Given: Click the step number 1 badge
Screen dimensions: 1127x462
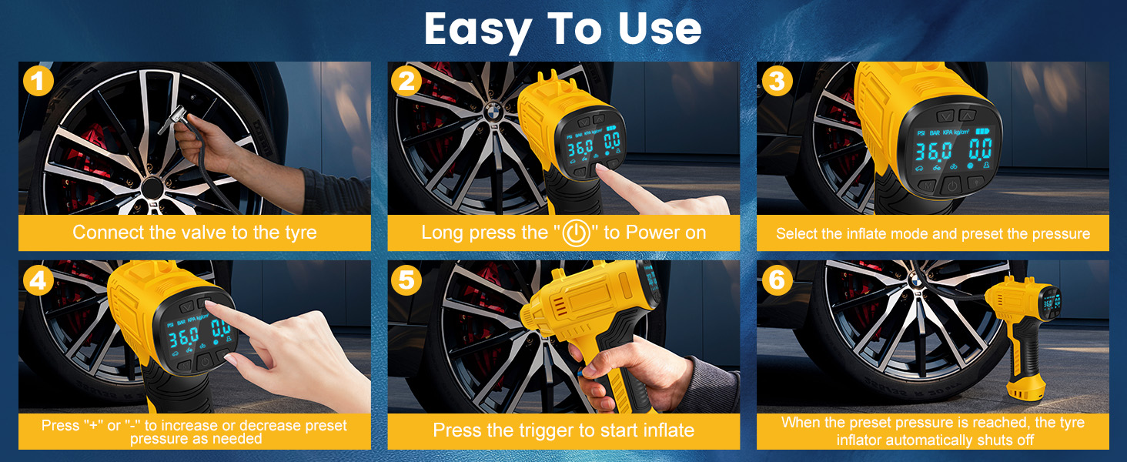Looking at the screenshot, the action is click(x=38, y=81).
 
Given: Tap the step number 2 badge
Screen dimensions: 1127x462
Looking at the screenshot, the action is click(x=406, y=81).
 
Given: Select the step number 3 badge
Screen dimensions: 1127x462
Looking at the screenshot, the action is click(x=777, y=81).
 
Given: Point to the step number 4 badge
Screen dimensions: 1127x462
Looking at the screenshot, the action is click(x=38, y=280).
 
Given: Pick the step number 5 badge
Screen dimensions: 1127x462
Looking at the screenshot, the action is click(x=406, y=280).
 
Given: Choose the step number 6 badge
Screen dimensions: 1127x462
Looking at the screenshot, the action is click(x=777, y=280).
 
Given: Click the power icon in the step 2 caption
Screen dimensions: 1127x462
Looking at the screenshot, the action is click(x=576, y=233).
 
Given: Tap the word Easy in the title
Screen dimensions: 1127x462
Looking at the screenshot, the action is click(x=478, y=30).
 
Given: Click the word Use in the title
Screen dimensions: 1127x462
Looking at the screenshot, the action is click(x=660, y=28).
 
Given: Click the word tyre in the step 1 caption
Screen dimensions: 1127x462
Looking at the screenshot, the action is click(x=298, y=233).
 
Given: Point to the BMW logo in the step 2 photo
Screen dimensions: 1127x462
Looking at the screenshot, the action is click(x=493, y=112).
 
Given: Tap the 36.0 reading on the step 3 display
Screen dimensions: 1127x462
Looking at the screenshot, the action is click(x=933, y=151).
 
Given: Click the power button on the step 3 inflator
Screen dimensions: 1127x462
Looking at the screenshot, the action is click(x=952, y=186).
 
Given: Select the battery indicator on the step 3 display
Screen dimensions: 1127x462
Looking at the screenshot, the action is click(x=982, y=132).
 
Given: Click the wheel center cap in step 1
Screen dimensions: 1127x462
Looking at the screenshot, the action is click(x=152, y=188).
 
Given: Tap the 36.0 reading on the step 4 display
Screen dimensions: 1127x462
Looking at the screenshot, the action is click(x=184, y=337).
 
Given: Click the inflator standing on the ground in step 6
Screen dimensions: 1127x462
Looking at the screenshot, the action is click(x=1025, y=338).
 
